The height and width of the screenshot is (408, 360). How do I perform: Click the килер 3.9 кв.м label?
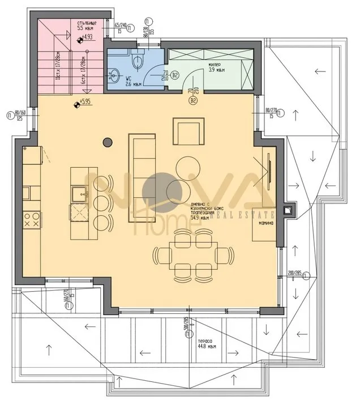[218, 67]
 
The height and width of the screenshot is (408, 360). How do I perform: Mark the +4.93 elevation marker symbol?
[79, 39]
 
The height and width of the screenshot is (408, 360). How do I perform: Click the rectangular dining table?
[191, 256]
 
